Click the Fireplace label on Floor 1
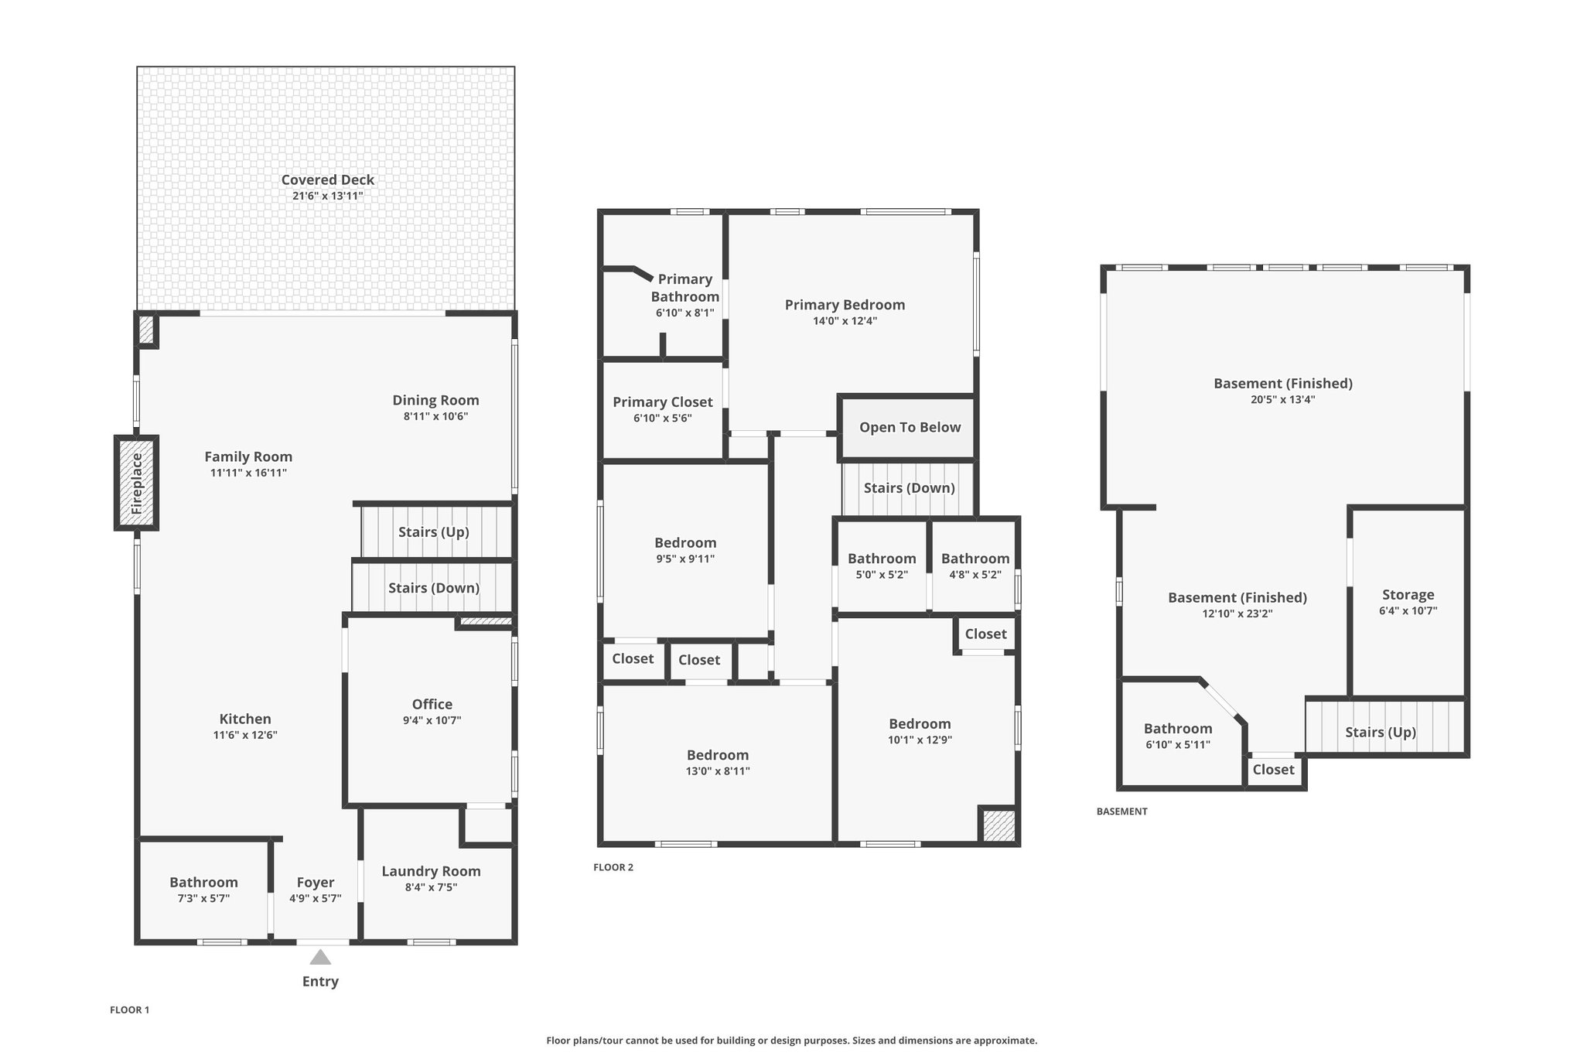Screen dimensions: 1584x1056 coord(137,484)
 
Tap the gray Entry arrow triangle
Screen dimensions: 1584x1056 coord(320,958)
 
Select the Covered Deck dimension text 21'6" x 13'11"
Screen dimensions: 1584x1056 coord(327,196)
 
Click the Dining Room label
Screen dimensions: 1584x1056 coord(435,400)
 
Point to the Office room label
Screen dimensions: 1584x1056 coord(432,704)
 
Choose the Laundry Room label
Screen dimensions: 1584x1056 coord(431,871)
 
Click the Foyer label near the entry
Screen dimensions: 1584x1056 coord(316,882)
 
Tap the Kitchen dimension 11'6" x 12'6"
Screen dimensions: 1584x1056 coord(245,735)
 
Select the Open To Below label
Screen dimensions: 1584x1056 coord(910,427)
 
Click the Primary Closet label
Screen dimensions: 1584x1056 coord(663,402)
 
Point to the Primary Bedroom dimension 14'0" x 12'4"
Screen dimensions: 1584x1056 coord(845,321)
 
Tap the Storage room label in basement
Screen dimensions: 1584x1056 coord(1408,594)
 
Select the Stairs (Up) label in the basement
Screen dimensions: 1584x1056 coord(1381,732)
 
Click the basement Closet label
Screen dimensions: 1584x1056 coord(1273,770)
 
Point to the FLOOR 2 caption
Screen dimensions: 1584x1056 coord(613,867)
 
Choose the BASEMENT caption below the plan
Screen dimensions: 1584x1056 coord(1122,812)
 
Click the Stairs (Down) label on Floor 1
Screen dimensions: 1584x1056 coord(434,588)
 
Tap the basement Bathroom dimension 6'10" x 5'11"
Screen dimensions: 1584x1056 coord(1177,745)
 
